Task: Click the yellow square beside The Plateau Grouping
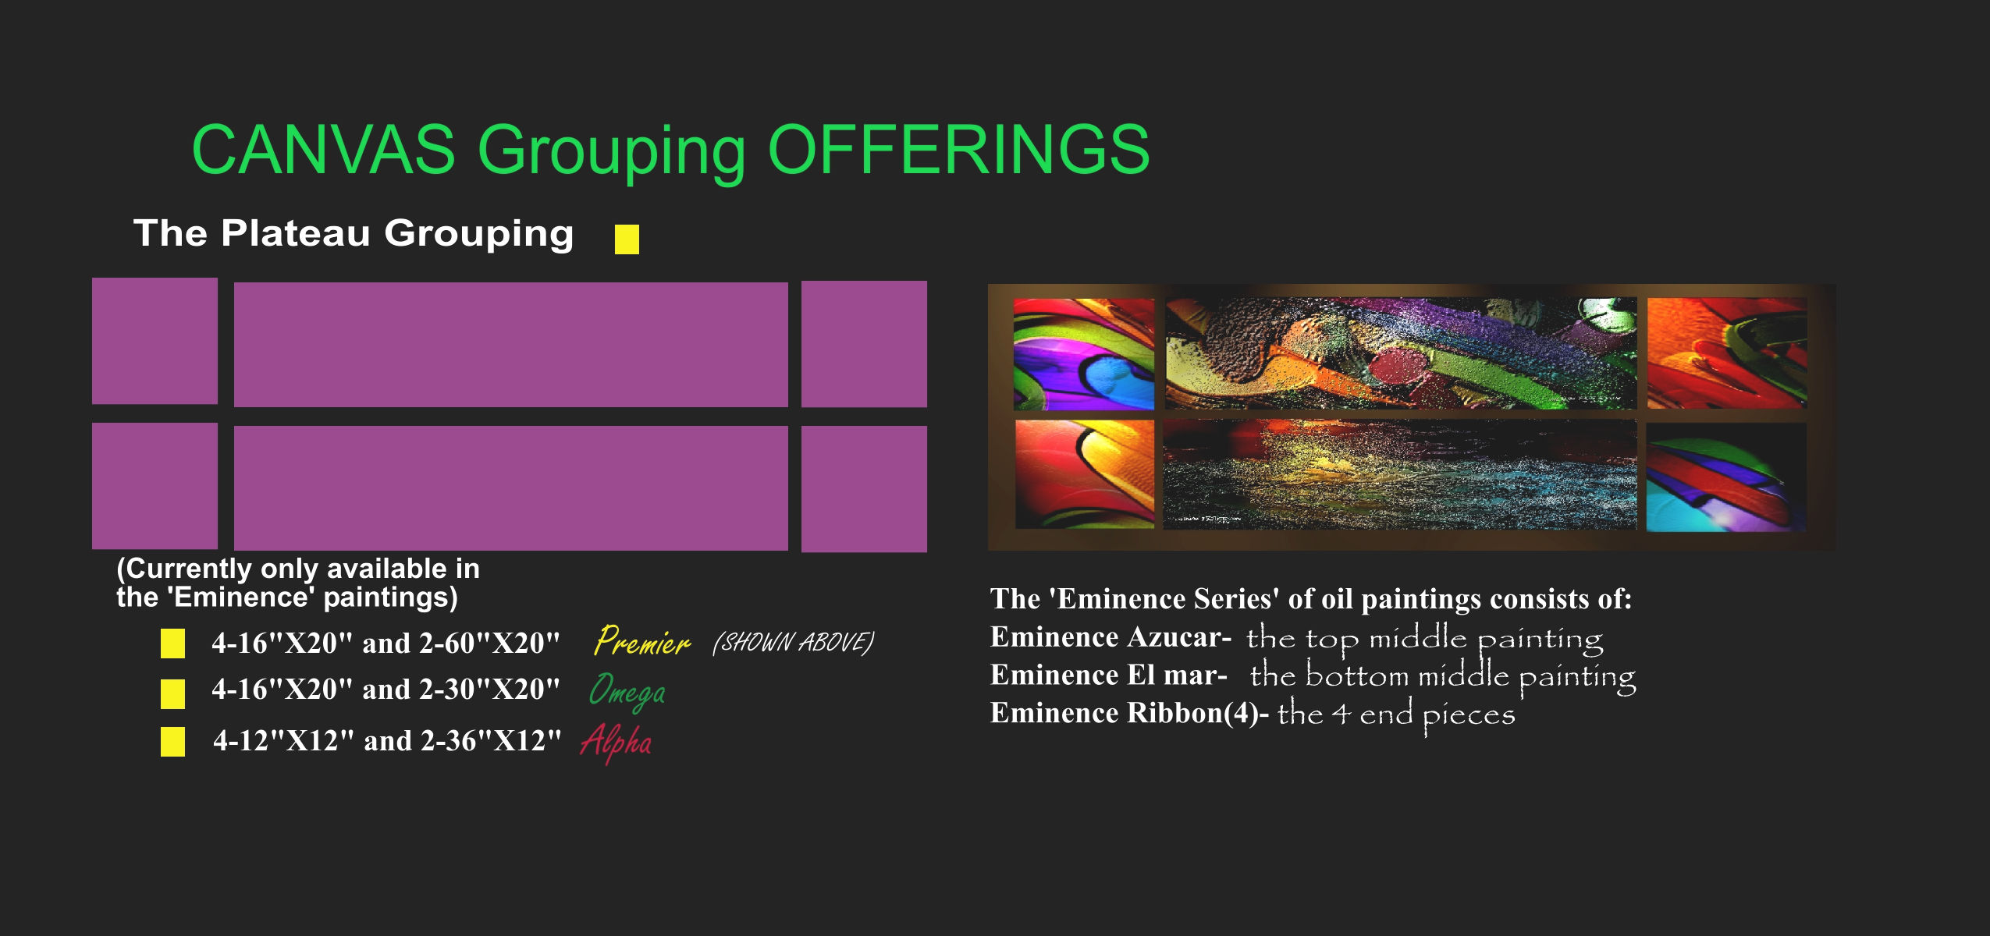click(x=627, y=239)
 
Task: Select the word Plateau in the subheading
click(x=295, y=233)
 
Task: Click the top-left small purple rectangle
click(x=155, y=341)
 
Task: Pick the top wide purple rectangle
click(x=510, y=344)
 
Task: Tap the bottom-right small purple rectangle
click(x=864, y=489)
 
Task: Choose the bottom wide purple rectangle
click(x=510, y=488)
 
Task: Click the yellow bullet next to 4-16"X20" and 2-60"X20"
click(x=172, y=643)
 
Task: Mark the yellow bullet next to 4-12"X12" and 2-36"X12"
click(x=172, y=742)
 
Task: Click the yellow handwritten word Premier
click(x=641, y=642)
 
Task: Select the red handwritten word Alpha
click(x=616, y=742)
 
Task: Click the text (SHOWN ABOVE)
click(x=793, y=643)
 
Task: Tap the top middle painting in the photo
click(x=1401, y=353)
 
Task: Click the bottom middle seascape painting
click(x=1399, y=474)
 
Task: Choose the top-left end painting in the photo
click(x=1083, y=354)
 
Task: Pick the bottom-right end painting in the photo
click(x=1726, y=477)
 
